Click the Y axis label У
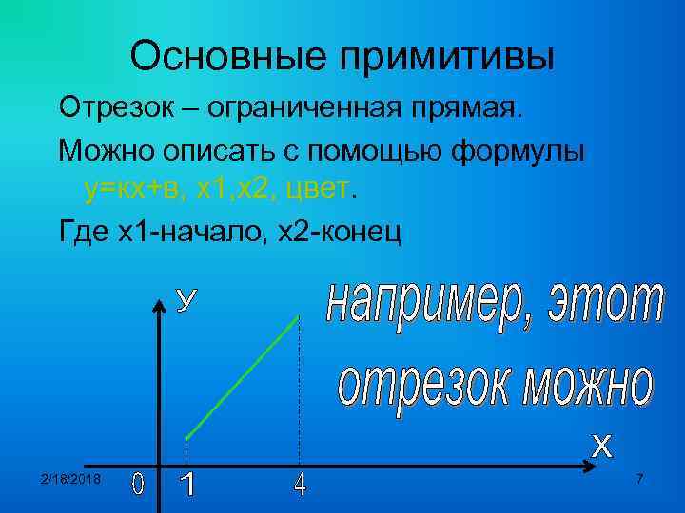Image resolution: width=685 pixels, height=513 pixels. (x=188, y=300)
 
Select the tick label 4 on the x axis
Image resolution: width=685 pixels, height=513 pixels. (x=300, y=484)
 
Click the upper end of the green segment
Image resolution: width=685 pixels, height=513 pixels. (x=299, y=317)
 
